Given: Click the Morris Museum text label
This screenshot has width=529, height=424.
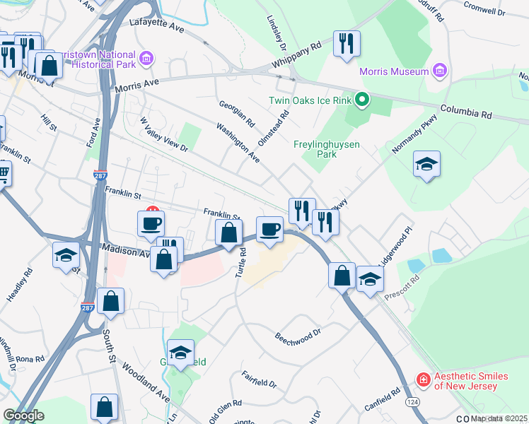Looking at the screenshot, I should point(394,71).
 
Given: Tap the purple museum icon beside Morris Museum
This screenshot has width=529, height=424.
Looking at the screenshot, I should point(439,71).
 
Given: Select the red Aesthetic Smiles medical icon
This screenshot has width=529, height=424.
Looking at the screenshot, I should point(423,380).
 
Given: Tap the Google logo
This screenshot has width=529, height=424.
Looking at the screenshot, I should point(23,415).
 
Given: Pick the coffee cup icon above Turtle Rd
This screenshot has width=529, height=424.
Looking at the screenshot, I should point(269,229).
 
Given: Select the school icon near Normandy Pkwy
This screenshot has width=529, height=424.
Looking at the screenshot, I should point(426,165).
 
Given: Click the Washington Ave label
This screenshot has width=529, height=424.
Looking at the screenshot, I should point(238,141).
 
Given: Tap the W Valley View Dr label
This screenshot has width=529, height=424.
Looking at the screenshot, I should point(163,134).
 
